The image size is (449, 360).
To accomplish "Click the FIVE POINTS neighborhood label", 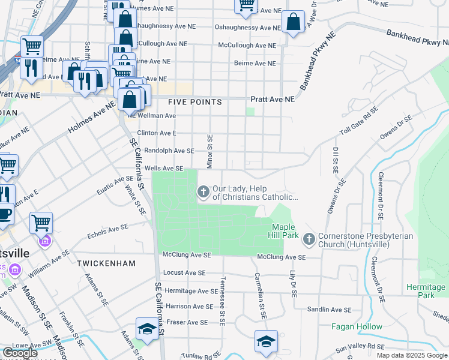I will [195, 103].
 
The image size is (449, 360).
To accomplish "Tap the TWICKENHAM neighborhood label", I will [106, 263].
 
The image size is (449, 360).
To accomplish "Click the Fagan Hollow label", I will [357, 327].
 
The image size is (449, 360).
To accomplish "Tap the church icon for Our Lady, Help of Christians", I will [203, 192].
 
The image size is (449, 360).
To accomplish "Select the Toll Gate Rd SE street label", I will [358, 122].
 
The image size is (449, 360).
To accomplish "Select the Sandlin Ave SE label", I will [329, 310].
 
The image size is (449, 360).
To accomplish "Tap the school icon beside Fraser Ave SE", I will [147, 328].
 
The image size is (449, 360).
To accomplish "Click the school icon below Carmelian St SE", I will [266, 341].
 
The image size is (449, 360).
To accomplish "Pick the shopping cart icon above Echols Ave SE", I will [41, 223].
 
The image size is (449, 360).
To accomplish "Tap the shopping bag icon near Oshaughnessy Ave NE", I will [292, 23].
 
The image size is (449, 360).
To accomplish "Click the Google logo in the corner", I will [20, 353].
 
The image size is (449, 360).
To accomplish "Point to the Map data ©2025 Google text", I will [412, 355].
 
